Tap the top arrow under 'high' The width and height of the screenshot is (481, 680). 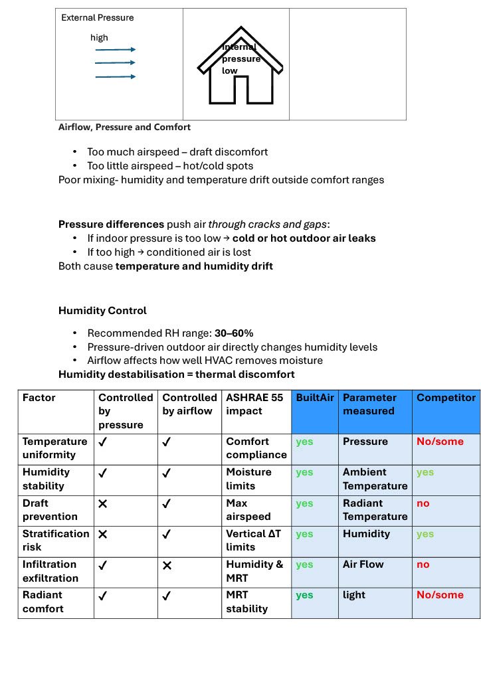tap(116, 49)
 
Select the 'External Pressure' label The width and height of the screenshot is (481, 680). tap(97, 18)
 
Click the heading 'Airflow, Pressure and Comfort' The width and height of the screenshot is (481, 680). tap(124, 127)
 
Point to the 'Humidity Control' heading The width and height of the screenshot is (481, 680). tap(102, 310)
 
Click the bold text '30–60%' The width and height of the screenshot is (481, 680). tap(234, 333)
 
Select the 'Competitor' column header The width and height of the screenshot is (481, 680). tap(446, 398)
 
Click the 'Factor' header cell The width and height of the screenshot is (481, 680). tap(39, 398)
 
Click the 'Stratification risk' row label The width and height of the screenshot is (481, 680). tap(56, 540)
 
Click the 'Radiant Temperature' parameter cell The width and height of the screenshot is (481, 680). tap(375, 509)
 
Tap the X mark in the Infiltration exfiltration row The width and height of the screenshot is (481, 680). tap(167, 565)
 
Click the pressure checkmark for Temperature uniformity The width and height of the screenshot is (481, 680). tap(103, 441)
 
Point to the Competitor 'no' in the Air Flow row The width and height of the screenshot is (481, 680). tap(423, 564)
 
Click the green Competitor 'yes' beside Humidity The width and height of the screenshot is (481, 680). tap(425, 534)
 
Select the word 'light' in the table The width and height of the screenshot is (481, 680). tap(354, 595)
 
